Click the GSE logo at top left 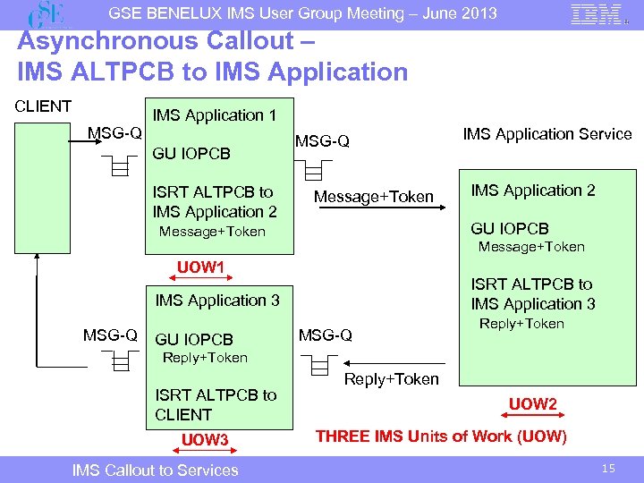[47, 15]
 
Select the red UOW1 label [200, 267]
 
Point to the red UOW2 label [533, 404]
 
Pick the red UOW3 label [205, 439]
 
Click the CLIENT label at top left [43, 106]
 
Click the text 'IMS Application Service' [547, 134]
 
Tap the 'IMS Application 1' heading [215, 115]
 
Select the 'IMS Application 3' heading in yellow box [217, 301]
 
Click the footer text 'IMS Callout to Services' [155, 470]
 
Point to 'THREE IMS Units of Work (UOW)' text [441, 436]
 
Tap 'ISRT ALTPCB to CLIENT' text [216, 404]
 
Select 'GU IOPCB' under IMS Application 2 [510, 228]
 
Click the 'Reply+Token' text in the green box [521, 324]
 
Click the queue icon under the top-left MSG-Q [114, 165]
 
